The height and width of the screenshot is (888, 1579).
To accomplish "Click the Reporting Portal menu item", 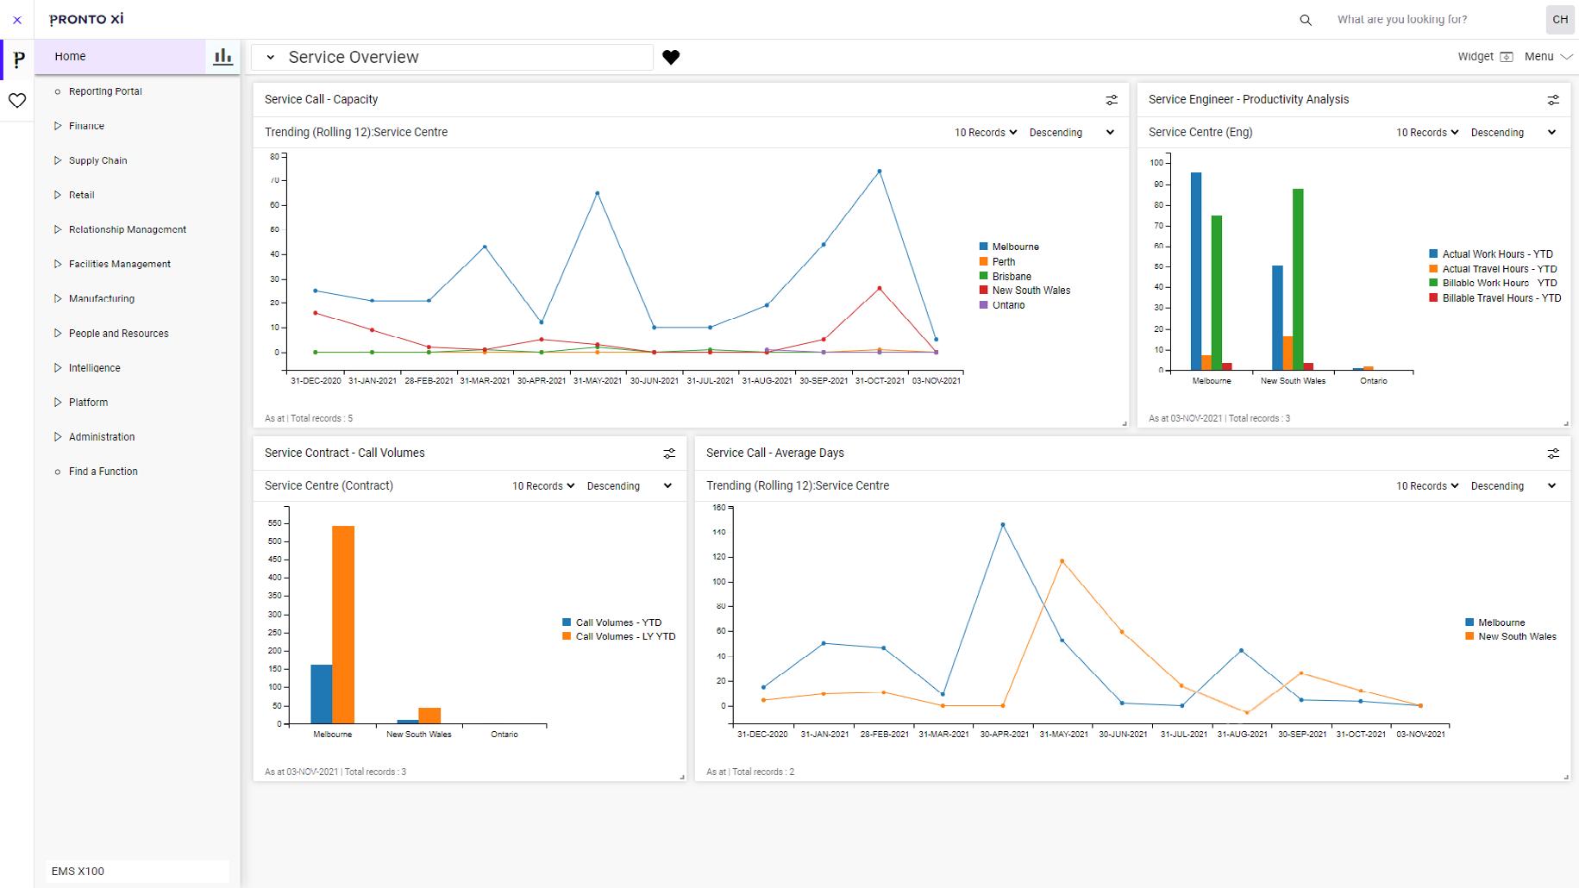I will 104,91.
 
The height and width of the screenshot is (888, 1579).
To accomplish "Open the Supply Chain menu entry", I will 97,160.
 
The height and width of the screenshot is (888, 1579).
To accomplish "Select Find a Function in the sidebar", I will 103,472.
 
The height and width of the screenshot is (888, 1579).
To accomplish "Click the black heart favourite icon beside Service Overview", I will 671,57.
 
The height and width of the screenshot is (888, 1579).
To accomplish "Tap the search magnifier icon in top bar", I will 1306,20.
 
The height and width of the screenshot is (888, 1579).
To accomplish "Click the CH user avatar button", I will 1559,19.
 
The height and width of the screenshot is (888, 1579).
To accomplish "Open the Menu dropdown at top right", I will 1548,57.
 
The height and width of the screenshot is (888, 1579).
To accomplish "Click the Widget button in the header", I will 1484,57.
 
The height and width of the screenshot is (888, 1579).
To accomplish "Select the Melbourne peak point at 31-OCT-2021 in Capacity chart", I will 879,172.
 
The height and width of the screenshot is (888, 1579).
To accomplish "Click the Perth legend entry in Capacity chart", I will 1003,261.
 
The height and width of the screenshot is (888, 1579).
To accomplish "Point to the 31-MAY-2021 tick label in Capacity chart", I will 597,381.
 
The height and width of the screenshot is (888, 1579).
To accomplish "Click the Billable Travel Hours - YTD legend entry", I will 1501,298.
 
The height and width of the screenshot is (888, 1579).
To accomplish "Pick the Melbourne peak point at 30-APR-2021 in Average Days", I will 1002,525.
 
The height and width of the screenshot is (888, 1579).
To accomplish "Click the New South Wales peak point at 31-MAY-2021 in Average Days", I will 1062,561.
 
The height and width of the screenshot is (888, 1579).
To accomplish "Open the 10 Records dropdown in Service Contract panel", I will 542,486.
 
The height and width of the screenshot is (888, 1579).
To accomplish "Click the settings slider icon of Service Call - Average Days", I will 1553,453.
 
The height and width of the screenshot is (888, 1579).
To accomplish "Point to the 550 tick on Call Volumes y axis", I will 274,523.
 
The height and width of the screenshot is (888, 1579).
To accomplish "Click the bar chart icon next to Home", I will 222,57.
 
